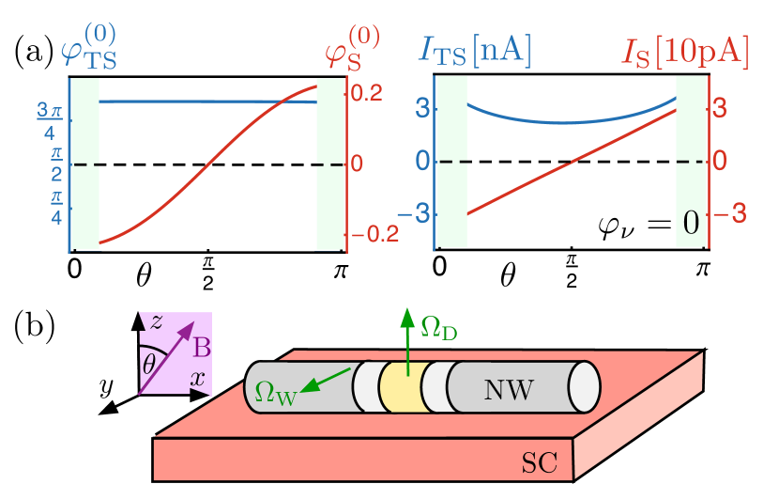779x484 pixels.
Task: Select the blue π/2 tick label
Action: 55,161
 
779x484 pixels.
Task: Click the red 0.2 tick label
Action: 366,93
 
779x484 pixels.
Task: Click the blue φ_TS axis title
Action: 89,46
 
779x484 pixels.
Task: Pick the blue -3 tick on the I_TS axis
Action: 412,213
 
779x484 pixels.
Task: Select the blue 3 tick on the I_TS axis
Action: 422,109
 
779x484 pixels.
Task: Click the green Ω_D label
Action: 438,328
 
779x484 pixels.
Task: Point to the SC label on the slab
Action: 539,461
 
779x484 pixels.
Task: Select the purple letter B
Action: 201,350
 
